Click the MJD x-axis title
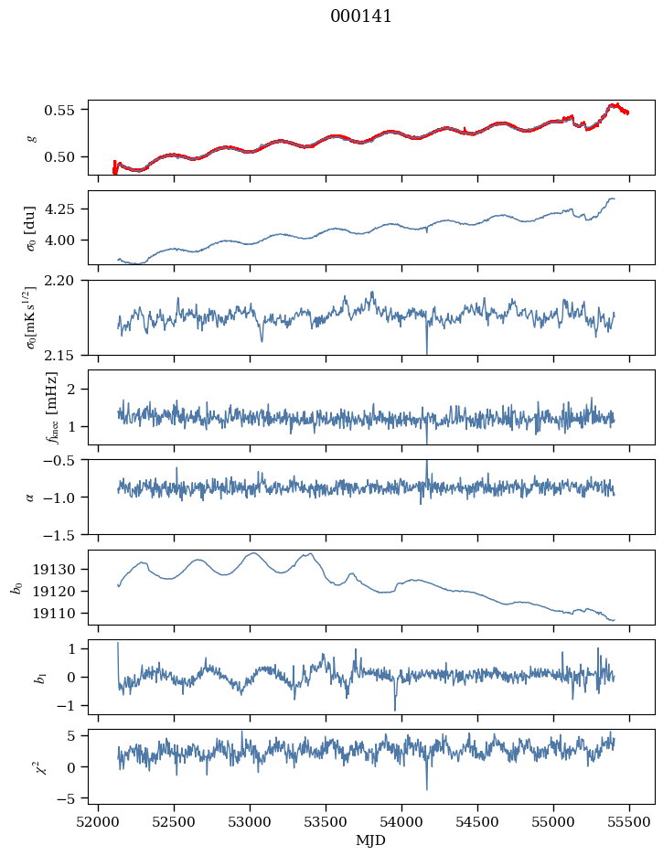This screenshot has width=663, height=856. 371,840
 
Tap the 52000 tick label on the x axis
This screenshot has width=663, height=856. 99,822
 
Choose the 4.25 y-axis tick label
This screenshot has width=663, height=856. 66,209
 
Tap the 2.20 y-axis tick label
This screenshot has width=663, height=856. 66,281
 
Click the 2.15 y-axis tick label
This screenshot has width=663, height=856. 66,354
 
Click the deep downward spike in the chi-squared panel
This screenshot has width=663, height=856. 426,788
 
